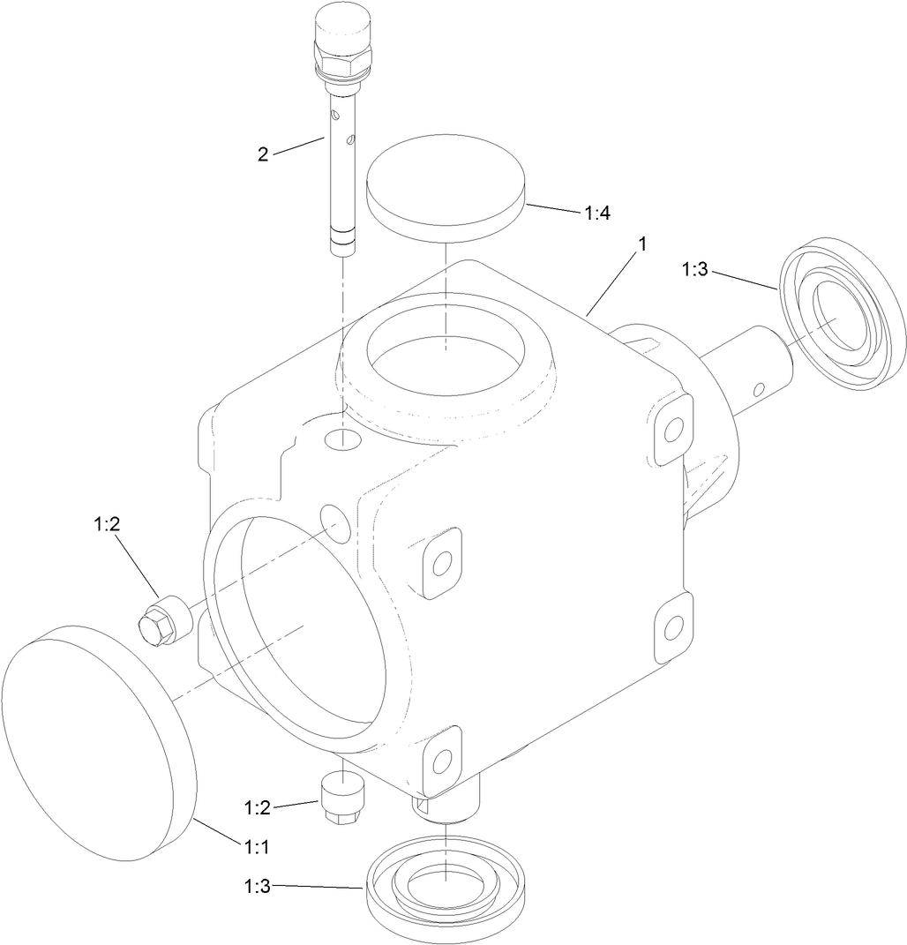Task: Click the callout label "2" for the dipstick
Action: [x=263, y=154]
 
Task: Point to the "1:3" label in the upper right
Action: [x=694, y=269]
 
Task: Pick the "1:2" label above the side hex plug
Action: [x=107, y=524]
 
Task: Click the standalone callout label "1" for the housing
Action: [x=642, y=244]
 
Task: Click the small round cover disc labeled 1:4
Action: [x=446, y=185]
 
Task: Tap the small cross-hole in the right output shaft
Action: [x=758, y=387]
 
